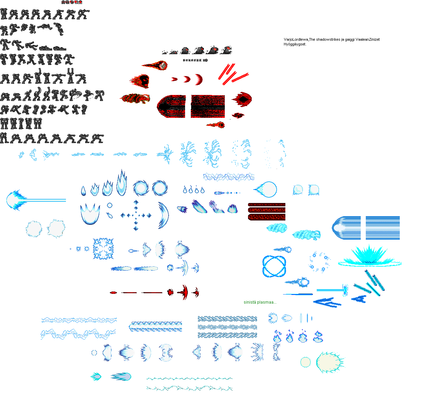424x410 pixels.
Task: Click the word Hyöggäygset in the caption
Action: [294, 44]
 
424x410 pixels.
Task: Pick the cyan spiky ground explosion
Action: [369, 256]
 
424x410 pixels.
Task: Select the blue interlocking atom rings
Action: [274, 266]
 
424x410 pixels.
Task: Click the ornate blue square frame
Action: [103, 249]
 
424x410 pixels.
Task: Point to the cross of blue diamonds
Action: [136, 215]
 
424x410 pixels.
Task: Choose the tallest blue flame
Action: [121, 183]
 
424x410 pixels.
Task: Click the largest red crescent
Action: [199, 79]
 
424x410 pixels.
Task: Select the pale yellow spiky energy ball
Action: [330, 362]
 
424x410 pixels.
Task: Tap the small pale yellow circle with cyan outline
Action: [305, 362]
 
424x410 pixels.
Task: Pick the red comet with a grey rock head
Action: [155, 65]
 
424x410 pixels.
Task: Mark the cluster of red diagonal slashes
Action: [233, 74]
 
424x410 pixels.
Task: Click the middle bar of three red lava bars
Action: [267, 210]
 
